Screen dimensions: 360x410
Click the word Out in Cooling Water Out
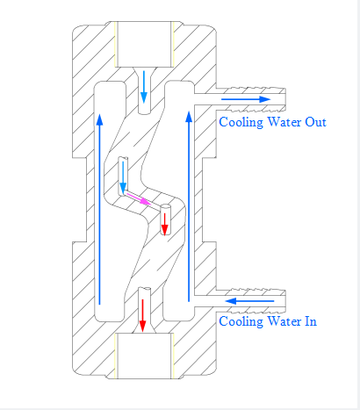[315, 122]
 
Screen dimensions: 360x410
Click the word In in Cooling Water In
[311, 321]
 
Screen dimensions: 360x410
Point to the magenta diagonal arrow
[139, 198]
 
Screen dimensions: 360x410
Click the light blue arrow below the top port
[144, 87]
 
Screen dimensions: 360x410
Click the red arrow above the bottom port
[142, 315]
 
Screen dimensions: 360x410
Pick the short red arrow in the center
[165, 224]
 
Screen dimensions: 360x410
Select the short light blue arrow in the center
[123, 178]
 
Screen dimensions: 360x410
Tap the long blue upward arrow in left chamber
[100, 209]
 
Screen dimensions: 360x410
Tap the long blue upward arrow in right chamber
[189, 206]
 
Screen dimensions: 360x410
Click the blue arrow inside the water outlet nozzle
[246, 99]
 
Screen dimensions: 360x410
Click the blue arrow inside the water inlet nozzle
[249, 301]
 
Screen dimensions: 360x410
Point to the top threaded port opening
[144, 44]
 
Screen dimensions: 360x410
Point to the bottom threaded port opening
[144, 356]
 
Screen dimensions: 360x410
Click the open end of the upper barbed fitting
[285, 99]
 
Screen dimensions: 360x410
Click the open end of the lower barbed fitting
[285, 301]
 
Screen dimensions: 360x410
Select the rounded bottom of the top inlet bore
[144, 112]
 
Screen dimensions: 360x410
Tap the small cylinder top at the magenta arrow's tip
[165, 206]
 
